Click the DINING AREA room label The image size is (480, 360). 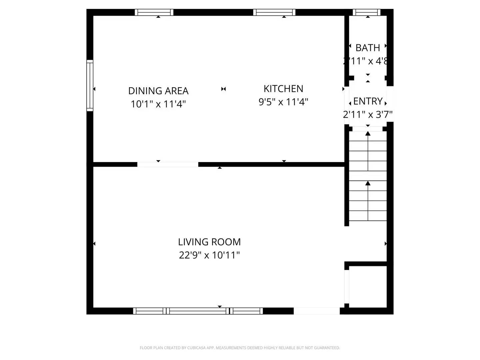[x=158, y=91]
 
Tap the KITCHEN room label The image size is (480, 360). [x=283, y=89]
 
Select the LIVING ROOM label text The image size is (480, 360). [x=209, y=242]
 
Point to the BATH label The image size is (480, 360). [x=368, y=48]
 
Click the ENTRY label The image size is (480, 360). [x=368, y=101]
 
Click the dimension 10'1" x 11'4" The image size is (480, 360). [x=158, y=104]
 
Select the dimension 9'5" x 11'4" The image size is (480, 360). [x=283, y=102]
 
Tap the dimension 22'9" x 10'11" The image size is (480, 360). [x=209, y=255]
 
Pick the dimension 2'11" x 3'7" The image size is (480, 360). [x=368, y=114]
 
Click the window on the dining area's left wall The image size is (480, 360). [x=90, y=85]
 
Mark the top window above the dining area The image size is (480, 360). [x=154, y=12]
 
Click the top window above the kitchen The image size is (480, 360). [x=274, y=12]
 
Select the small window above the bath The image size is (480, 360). [x=366, y=12]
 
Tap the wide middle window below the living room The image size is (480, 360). [x=198, y=311]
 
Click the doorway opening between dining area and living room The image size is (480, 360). [x=168, y=164]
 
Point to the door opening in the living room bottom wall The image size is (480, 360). [x=316, y=311]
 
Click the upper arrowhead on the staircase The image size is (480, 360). [x=368, y=134]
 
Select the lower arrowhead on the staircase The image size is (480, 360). [x=368, y=183]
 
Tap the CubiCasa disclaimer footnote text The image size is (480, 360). [x=240, y=348]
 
